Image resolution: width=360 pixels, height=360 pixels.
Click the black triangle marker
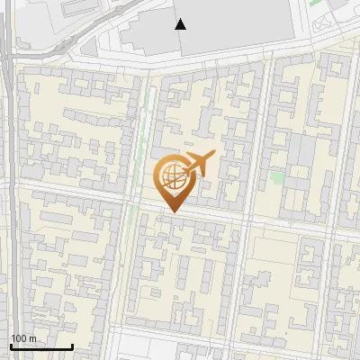tap(181, 24)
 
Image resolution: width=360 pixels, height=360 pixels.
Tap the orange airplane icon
tap(199, 165)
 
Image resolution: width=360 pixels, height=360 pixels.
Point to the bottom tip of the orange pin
tap(171, 212)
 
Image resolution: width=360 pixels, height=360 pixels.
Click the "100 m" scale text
tap(23, 338)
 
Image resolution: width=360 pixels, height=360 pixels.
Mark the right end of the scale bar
tap(72, 346)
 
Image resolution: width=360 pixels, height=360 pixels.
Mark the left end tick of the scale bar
tap(10, 346)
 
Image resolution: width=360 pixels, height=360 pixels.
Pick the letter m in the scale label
tap(32, 338)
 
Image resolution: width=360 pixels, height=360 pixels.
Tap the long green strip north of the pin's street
tap(142, 126)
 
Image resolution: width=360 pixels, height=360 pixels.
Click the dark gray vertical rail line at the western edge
tap(8, 180)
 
